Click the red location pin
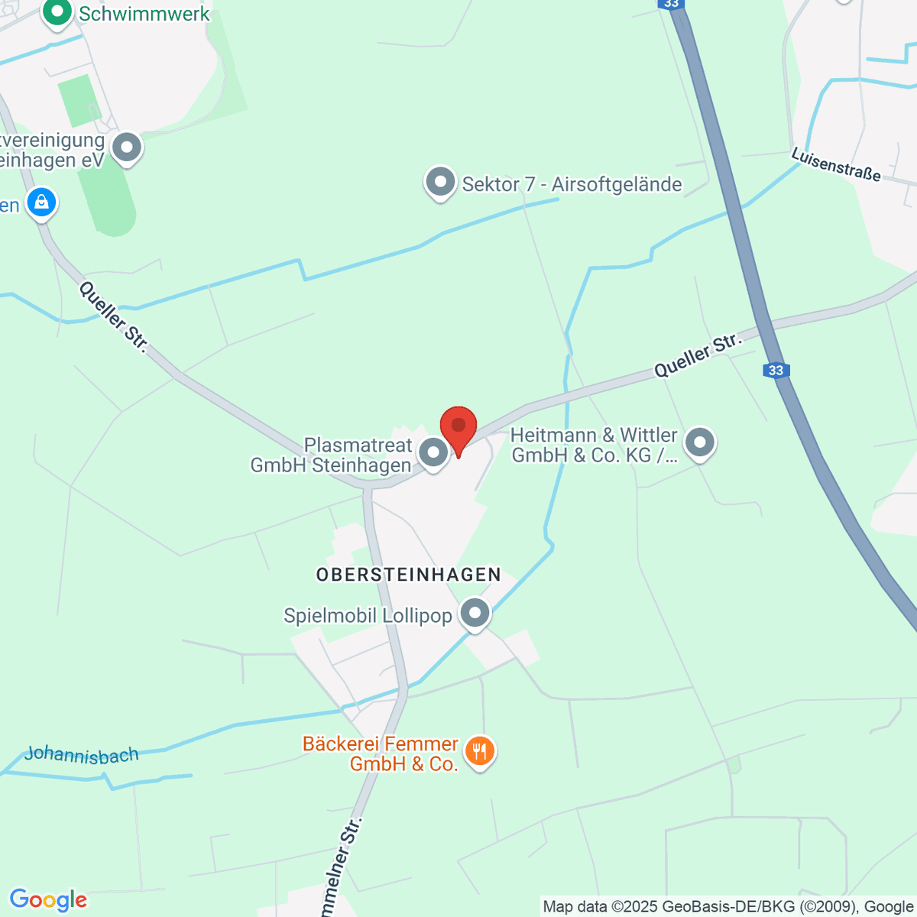(x=458, y=426)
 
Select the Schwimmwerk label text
(x=144, y=14)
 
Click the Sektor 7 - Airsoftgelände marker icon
(x=440, y=183)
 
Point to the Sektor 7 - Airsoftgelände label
(x=572, y=184)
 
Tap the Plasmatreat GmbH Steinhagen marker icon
(x=433, y=452)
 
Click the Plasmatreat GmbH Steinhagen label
(x=332, y=455)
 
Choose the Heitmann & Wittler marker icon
(x=699, y=442)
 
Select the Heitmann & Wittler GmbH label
(x=594, y=445)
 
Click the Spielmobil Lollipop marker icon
(x=475, y=613)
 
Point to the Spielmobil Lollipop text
(x=368, y=615)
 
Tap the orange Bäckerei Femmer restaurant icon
(x=479, y=752)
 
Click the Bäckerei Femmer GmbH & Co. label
(x=381, y=753)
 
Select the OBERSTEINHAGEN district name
(x=409, y=575)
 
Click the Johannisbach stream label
(x=82, y=755)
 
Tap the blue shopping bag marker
(x=41, y=203)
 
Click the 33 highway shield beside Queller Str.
(x=776, y=371)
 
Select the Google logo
(x=48, y=900)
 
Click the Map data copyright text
(x=728, y=907)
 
